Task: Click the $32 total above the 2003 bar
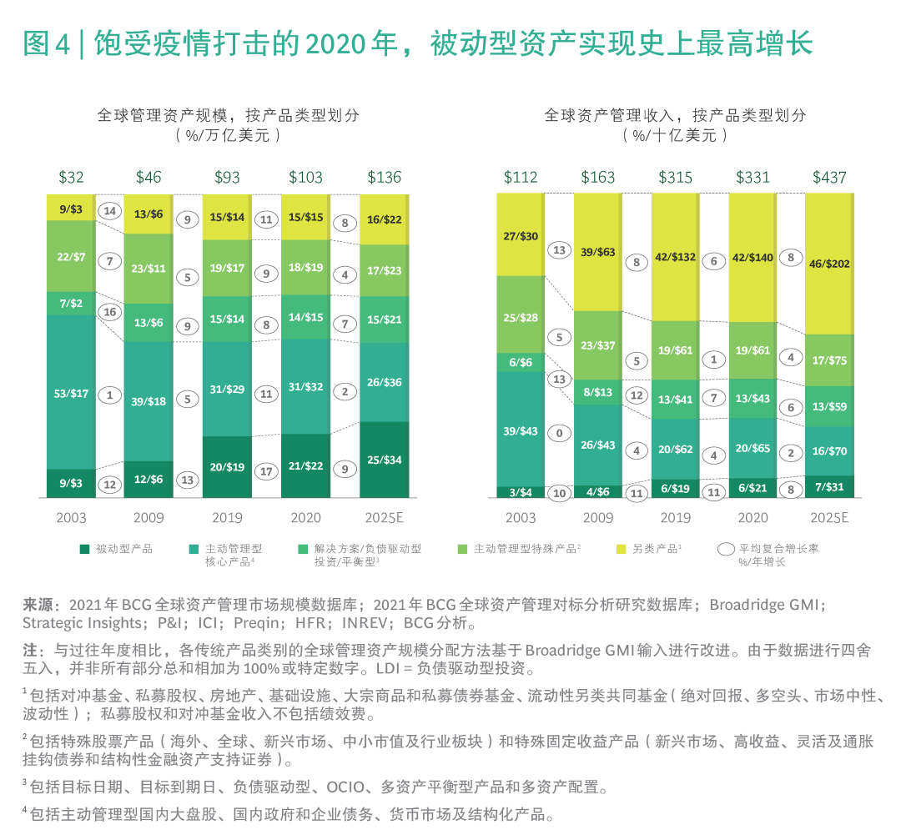pyautogui.click(x=71, y=177)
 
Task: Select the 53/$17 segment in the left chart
pyautogui.click(x=71, y=391)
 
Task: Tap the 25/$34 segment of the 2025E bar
pyautogui.click(x=384, y=460)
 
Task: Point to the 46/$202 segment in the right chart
pyautogui.click(x=829, y=263)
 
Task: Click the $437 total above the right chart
pyautogui.click(x=829, y=177)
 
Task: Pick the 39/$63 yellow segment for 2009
pyautogui.click(x=598, y=252)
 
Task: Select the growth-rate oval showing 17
pyautogui.click(x=266, y=470)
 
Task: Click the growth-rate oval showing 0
pyautogui.click(x=559, y=433)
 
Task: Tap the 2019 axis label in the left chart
pyautogui.click(x=228, y=517)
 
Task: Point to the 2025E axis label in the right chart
pyautogui.click(x=829, y=517)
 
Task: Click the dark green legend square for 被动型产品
pyautogui.click(x=84, y=549)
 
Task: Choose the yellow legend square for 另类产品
pyautogui.click(x=621, y=549)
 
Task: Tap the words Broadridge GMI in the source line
pyautogui.click(x=768, y=605)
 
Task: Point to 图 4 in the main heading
pyautogui.click(x=47, y=43)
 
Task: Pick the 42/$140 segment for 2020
pyautogui.click(x=753, y=258)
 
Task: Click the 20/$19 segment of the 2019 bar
pyautogui.click(x=228, y=467)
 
